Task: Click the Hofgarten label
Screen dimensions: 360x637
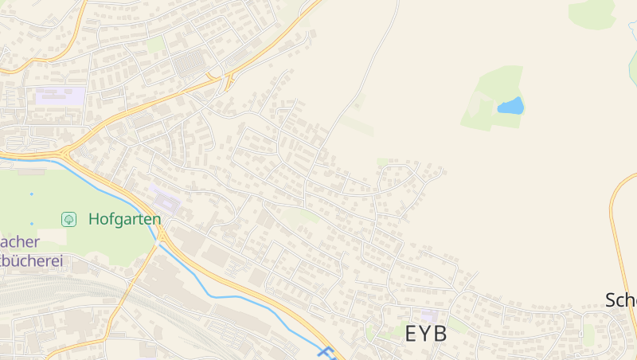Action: [124, 219]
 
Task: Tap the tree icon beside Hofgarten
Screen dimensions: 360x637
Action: [69, 219]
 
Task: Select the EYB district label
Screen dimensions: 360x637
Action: [426, 334]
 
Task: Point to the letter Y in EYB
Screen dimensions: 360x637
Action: [426, 334]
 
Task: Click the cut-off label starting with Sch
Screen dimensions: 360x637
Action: [621, 300]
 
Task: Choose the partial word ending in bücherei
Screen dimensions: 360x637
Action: [32, 260]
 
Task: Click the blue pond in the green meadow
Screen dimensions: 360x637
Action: [510, 106]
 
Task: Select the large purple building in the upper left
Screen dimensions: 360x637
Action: [60, 98]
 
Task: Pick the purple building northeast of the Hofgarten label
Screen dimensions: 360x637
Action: [165, 199]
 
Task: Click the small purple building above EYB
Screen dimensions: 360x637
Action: [429, 316]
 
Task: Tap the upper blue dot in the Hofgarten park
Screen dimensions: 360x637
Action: [32, 194]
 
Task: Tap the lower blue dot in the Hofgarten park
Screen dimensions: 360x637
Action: [32, 224]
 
